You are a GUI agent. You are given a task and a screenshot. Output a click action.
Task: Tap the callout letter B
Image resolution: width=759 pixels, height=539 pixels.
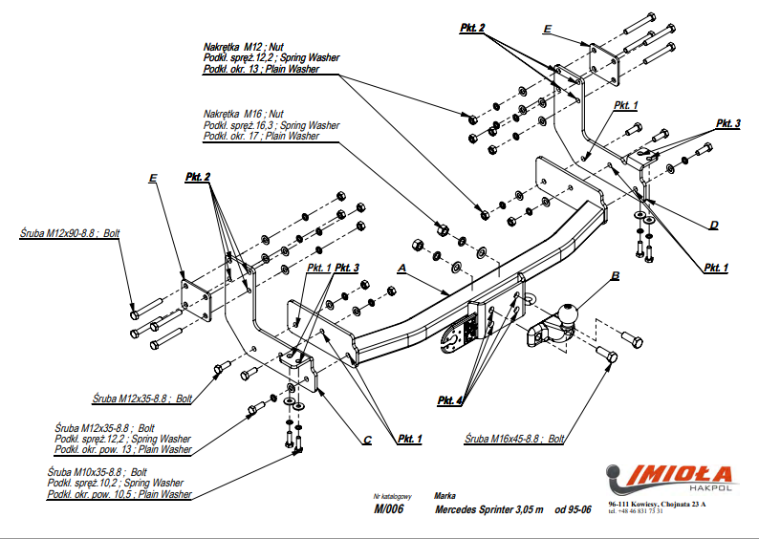(616, 276)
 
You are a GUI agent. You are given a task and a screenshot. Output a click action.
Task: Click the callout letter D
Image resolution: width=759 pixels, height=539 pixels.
(713, 226)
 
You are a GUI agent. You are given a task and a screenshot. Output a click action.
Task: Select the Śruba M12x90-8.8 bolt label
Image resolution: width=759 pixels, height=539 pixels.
(69, 232)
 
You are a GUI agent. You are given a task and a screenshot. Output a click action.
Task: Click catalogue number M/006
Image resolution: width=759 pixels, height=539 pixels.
(389, 509)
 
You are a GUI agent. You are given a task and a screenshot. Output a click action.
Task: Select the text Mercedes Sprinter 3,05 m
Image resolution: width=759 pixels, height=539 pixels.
(488, 509)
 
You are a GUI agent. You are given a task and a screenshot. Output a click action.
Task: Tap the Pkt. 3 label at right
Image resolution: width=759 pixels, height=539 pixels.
(727, 124)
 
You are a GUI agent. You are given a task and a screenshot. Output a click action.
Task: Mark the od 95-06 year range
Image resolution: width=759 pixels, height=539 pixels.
(574, 509)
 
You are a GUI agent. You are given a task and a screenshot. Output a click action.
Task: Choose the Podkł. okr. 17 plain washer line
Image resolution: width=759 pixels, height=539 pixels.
(260, 137)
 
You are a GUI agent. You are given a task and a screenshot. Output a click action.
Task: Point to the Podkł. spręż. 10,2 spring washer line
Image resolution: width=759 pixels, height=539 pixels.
(119, 484)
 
